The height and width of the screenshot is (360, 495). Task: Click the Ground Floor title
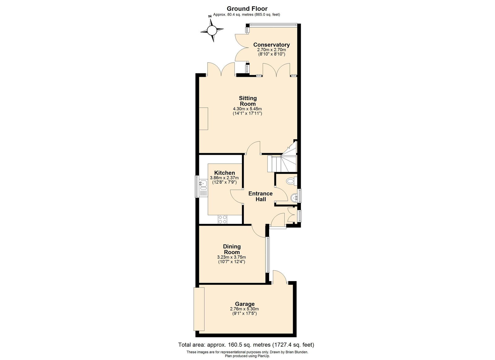[247, 9]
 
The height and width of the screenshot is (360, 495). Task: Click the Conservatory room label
[271, 45]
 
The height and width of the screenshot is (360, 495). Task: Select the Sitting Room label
[248, 101]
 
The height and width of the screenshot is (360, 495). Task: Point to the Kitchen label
[225, 173]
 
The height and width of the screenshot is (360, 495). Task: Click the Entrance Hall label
[260, 196]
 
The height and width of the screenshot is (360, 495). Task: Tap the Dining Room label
[232, 249]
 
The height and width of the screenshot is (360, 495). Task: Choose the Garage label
[245, 304]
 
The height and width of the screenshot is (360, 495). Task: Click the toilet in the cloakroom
[291, 181]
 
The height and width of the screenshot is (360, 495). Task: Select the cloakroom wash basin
[294, 197]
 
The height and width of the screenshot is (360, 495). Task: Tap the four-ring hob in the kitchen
[222, 219]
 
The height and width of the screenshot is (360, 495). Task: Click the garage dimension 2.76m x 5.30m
[244, 309]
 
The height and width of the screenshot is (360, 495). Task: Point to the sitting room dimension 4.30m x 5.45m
[247, 109]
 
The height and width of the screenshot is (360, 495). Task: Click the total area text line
[246, 345]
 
